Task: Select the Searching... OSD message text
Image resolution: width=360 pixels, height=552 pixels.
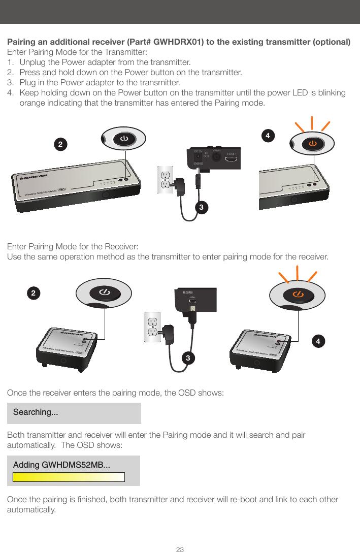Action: [x=36, y=412]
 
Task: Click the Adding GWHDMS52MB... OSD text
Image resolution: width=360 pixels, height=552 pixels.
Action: [x=61, y=465]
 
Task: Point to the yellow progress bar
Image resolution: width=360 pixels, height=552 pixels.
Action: [x=69, y=477]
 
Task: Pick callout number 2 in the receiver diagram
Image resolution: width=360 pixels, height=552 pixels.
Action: [x=33, y=293]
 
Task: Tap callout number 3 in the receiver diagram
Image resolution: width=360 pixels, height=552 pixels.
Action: [x=188, y=359]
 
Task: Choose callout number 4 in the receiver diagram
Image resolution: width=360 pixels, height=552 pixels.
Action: [x=318, y=341]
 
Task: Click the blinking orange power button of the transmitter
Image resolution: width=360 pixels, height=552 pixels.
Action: [x=312, y=144]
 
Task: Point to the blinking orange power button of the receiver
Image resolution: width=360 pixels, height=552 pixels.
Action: [x=298, y=295]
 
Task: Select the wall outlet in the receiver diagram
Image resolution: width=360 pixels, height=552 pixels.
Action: [x=152, y=326]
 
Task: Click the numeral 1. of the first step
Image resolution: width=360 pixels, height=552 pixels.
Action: [x=10, y=62]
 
